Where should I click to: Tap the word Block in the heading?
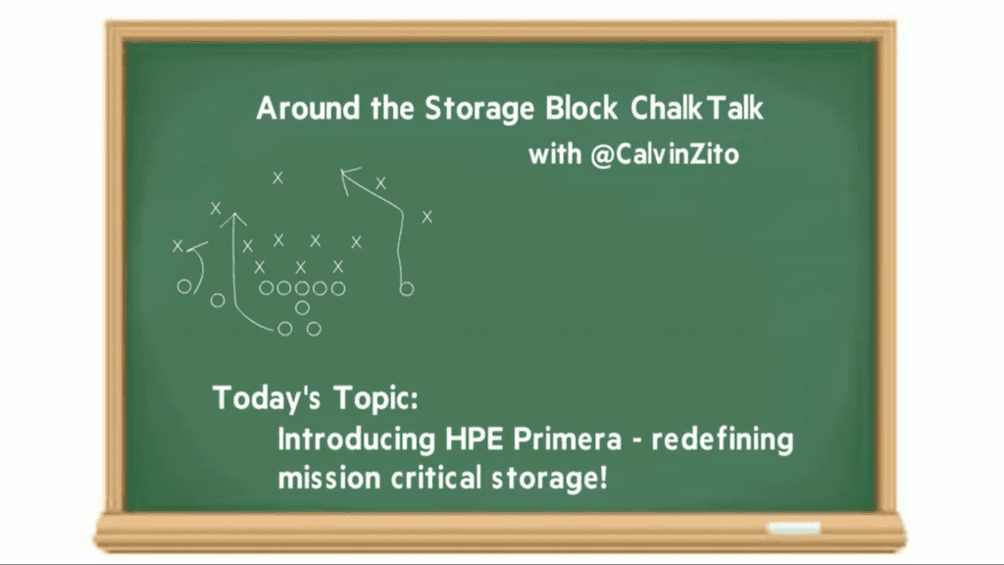pyautogui.click(x=581, y=108)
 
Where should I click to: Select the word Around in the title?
pyautogui.click(x=307, y=108)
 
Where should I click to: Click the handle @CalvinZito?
pyautogui.click(x=665, y=154)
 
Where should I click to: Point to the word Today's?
pyautogui.click(x=267, y=398)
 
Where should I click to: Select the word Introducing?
pyautogui.click(x=356, y=440)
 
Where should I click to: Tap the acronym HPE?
pyautogui.click(x=474, y=439)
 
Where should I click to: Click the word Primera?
pyautogui.click(x=568, y=439)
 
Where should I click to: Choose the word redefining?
pyautogui.click(x=723, y=440)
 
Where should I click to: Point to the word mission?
pyautogui.click(x=329, y=479)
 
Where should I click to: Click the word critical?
pyautogui.click(x=435, y=478)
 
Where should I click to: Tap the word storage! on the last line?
pyautogui.click(x=549, y=479)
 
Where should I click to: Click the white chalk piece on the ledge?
pyautogui.click(x=794, y=528)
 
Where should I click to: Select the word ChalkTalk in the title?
pyautogui.click(x=697, y=108)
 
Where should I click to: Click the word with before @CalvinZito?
pyautogui.click(x=555, y=154)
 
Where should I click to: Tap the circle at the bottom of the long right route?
pyautogui.click(x=407, y=289)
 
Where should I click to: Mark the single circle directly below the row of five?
pyautogui.click(x=302, y=308)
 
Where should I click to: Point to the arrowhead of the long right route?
pyautogui.click(x=348, y=177)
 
